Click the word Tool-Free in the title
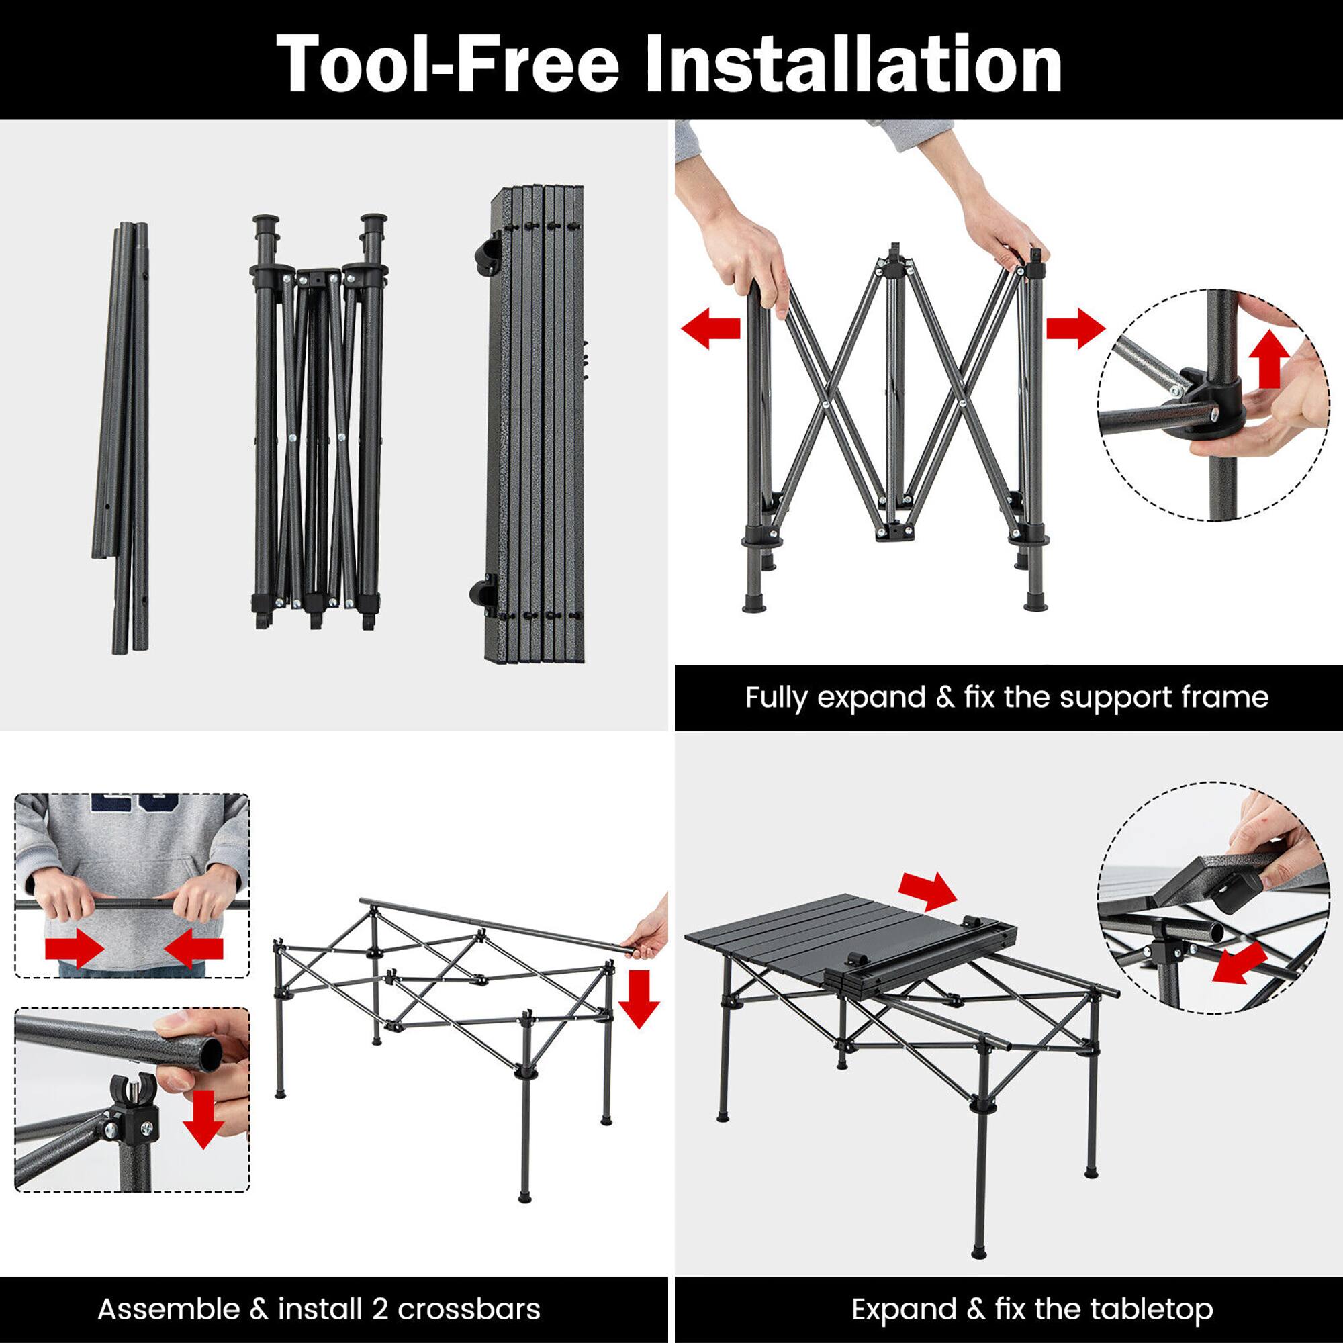448,64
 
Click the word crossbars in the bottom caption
469,1309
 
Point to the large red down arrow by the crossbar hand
638,999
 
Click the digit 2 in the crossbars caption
380,1309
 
